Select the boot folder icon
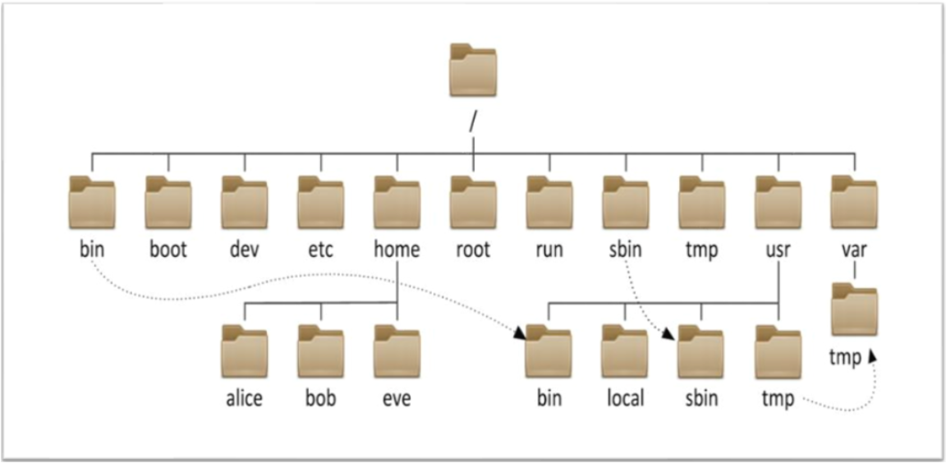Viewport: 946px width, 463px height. click(x=168, y=202)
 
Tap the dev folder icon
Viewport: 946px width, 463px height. click(x=245, y=202)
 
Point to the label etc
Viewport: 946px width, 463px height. click(x=320, y=250)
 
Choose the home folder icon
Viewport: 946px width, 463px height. click(x=397, y=202)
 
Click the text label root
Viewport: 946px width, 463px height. click(x=473, y=250)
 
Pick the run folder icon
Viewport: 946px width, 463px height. click(x=549, y=202)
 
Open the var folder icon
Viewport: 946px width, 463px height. click(x=854, y=202)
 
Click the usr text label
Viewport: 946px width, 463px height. click(x=778, y=250)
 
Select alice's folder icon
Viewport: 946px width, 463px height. click(x=245, y=351)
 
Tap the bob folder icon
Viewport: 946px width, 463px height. click(x=320, y=351)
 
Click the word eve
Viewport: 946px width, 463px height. click(x=397, y=398)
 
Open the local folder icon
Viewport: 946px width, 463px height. click(x=626, y=351)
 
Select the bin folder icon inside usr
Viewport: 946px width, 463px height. click(x=549, y=351)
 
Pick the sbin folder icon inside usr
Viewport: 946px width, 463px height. click(x=701, y=351)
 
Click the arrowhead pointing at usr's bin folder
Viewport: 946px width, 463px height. click(x=519, y=333)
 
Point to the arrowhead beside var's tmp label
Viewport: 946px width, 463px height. click(x=872, y=358)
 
